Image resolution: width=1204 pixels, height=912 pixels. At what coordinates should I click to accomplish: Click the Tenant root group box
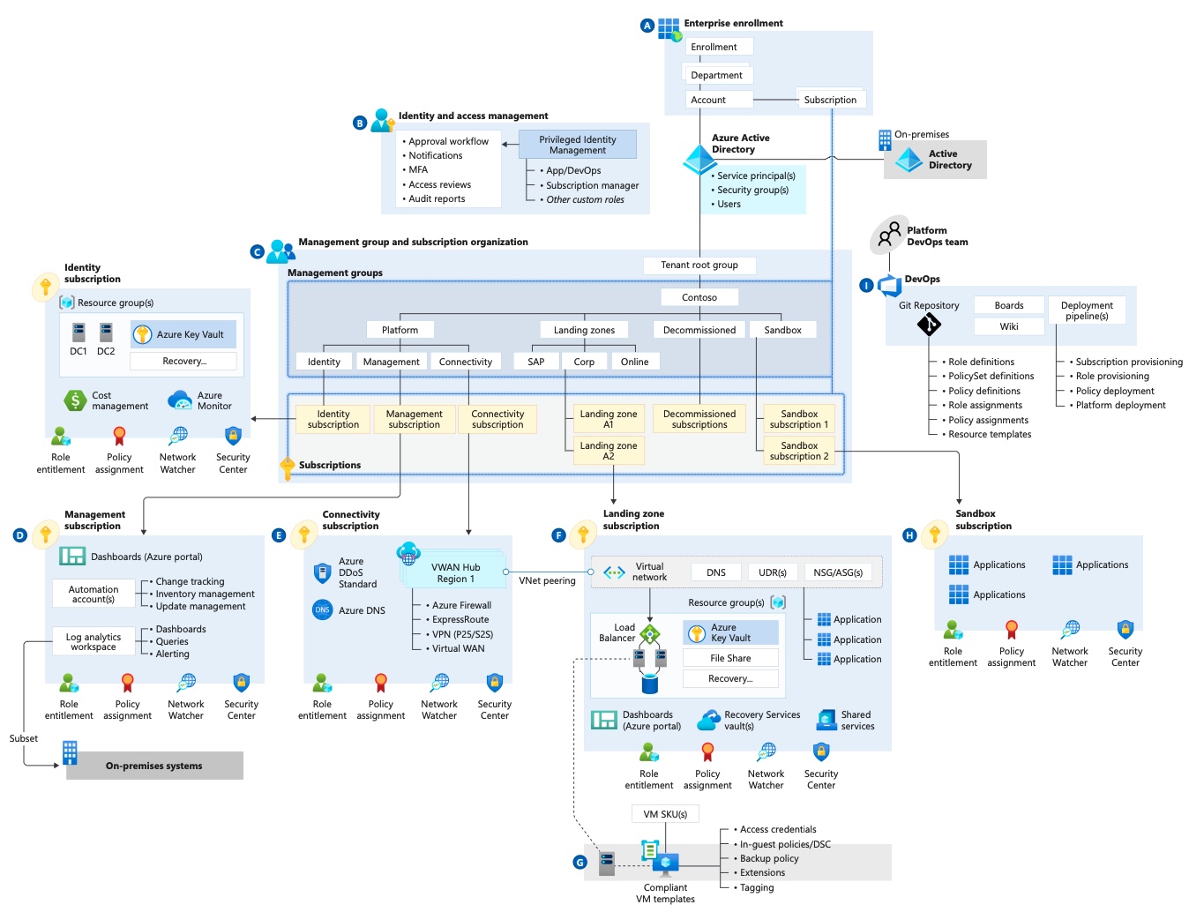[x=699, y=265]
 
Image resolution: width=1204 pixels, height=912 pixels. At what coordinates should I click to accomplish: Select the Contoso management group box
[x=699, y=297]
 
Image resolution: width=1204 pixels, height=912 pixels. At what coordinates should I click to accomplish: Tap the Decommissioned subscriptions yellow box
[x=699, y=419]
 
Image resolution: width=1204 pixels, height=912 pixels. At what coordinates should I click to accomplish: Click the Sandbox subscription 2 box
[x=798, y=451]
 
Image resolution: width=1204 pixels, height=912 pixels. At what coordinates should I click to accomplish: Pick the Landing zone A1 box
[x=609, y=419]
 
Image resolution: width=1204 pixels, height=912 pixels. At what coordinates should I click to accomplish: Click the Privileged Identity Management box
[x=577, y=145]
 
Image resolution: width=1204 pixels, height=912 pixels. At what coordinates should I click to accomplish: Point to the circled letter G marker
[x=580, y=863]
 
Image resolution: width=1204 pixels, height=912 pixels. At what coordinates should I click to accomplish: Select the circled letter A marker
[x=647, y=26]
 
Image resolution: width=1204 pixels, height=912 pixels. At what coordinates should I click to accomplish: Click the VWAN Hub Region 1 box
[x=455, y=572]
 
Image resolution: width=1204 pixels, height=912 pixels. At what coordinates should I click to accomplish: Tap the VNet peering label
[x=547, y=580]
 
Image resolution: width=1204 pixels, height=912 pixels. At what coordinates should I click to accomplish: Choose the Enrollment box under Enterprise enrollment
[x=719, y=47]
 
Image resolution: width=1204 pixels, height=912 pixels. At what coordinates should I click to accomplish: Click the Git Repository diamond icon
[x=929, y=324]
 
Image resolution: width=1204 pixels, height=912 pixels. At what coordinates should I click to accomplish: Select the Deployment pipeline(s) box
[x=1086, y=310]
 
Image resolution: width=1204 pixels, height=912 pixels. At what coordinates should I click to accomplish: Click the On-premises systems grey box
[x=154, y=766]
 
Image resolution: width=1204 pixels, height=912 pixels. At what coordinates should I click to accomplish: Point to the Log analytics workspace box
[x=93, y=641]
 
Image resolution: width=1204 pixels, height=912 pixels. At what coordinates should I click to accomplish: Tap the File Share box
[x=730, y=658]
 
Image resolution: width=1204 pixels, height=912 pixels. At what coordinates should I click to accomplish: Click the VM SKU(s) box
[x=665, y=814]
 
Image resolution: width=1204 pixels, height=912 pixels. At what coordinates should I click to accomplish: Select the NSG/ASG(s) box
[x=838, y=572]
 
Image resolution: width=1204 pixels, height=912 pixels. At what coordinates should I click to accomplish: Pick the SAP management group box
[x=535, y=362]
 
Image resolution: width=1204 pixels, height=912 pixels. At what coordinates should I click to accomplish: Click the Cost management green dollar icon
[x=75, y=400]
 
